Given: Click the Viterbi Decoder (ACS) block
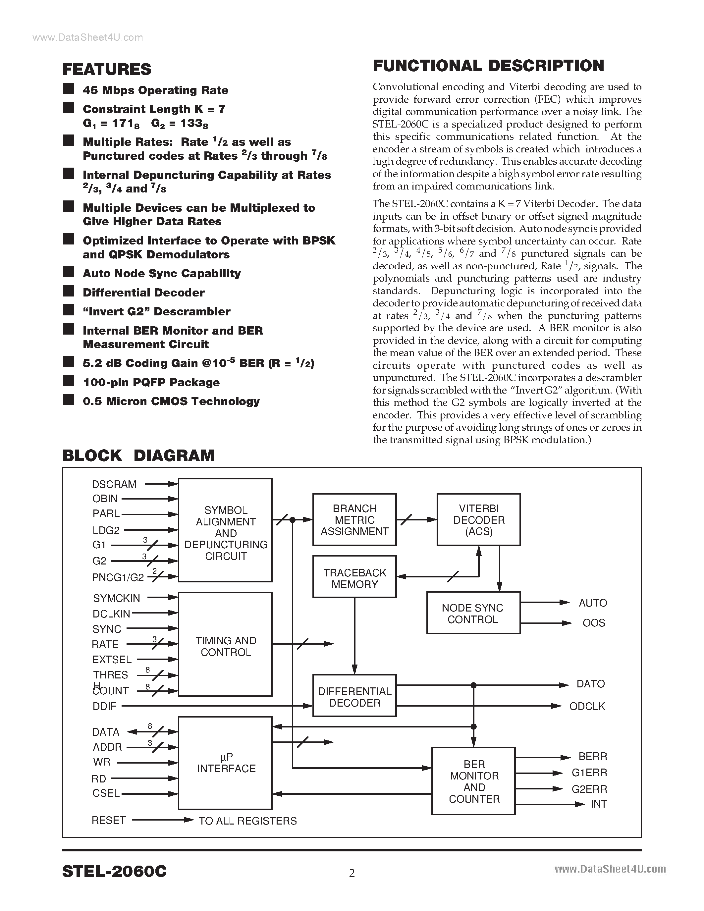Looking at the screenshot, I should (x=478, y=520).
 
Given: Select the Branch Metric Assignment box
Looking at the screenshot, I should (x=354, y=520).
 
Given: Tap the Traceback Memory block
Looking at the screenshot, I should (x=354, y=578).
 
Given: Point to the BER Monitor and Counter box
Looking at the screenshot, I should (x=473, y=781).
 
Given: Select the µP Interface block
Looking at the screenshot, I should (x=225, y=763).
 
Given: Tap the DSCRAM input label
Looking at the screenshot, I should (x=114, y=484).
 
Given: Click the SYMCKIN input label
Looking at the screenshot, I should (x=116, y=598).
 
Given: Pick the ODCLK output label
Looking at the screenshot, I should (x=587, y=706).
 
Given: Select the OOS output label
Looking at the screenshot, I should (x=593, y=623).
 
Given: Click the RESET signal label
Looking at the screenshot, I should (x=108, y=820).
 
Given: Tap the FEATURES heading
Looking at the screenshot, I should (x=107, y=69).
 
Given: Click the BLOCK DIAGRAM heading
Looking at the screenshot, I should (x=138, y=455).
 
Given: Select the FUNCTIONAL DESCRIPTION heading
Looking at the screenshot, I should (x=488, y=66).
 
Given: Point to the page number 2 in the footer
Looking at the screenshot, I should (x=352, y=873).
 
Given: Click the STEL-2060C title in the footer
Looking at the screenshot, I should (x=114, y=871).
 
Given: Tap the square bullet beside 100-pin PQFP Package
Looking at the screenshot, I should (x=68, y=381).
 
